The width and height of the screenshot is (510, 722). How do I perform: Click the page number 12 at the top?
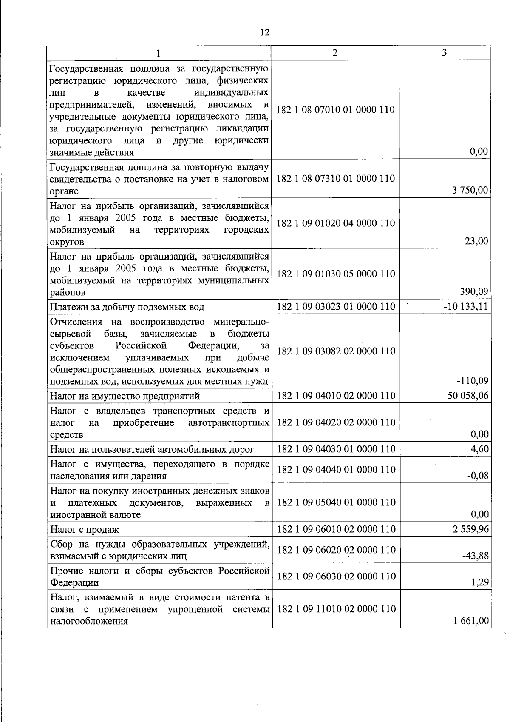pyautogui.click(x=264, y=32)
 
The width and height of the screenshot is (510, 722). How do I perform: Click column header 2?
pyautogui.click(x=335, y=53)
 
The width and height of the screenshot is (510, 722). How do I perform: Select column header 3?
pyautogui.click(x=444, y=53)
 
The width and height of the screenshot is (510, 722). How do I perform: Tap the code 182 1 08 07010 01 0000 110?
pyautogui.click(x=336, y=110)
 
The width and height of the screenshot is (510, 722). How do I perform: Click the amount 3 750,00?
pyautogui.click(x=470, y=191)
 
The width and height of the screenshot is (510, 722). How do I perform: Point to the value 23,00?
pyautogui.click(x=477, y=241)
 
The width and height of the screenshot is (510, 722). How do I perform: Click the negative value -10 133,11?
pyautogui.click(x=466, y=306)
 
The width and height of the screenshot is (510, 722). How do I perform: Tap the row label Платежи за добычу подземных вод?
pyautogui.click(x=127, y=307)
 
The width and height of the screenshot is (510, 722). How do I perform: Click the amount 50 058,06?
pyautogui.click(x=468, y=396)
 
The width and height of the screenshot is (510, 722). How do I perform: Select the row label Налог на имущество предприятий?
pyautogui.click(x=125, y=396)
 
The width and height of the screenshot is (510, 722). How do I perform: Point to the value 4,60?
pyautogui.click(x=480, y=449)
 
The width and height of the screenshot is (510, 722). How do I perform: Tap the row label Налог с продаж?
pyautogui.click(x=85, y=530)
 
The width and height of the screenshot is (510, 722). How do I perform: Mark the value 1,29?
pyautogui.click(x=480, y=582)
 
